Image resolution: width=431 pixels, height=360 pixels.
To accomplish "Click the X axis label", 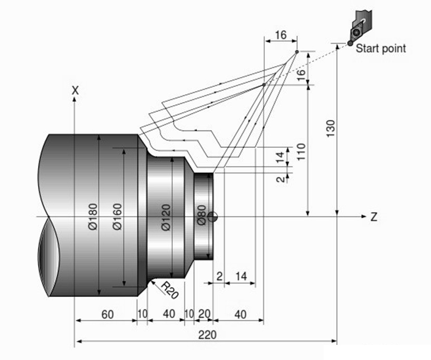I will pos(75,90).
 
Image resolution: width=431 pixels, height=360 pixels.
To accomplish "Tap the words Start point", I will pos(380,48).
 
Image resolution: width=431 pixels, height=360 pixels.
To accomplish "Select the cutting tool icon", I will pos(361,26).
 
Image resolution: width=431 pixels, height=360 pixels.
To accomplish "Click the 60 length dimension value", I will pos(107,314).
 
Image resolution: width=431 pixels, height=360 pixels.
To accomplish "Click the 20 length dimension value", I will pos(205,314).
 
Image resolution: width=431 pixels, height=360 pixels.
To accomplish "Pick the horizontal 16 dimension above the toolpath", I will pos(281,35).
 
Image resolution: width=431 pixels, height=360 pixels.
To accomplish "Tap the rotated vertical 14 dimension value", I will pos(280,156).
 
